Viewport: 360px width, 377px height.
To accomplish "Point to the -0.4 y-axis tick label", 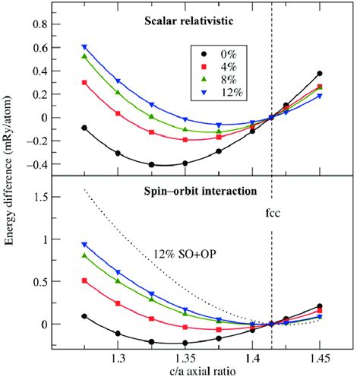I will (x=33, y=164).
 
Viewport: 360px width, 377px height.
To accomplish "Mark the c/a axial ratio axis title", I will (x=185, y=369).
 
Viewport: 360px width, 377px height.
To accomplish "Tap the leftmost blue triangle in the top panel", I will (x=84, y=47).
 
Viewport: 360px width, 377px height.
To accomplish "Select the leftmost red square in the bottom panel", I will (x=84, y=280).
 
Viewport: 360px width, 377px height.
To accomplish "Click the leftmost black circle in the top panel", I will (x=84, y=128).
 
